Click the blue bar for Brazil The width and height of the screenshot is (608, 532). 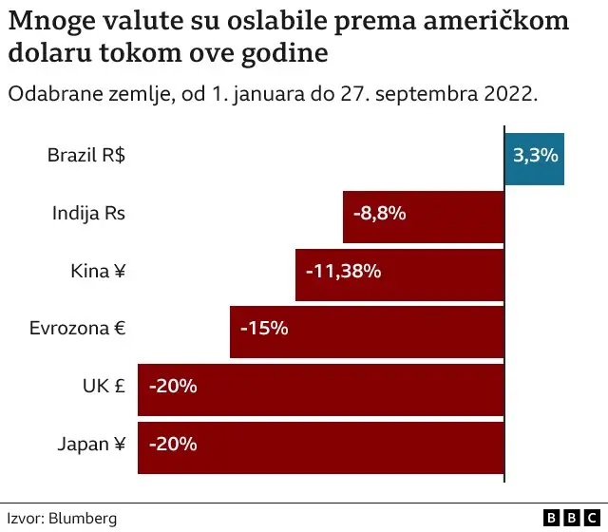(x=534, y=159)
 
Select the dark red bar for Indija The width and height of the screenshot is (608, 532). (x=456, y=216)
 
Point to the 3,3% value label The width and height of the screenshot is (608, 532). (x=535, y=156)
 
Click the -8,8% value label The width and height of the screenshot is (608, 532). (x=379, y=214)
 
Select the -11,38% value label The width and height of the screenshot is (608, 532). (x=343, y=272)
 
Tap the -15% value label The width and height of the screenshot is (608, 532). (x=263, y=329)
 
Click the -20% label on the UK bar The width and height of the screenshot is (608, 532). (x=172, y=386)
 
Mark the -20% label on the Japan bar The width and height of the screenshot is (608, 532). (x=172, y=443)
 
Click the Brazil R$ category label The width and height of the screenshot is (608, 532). (x=86, y=156)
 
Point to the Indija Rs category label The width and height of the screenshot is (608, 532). (x=88, y=214)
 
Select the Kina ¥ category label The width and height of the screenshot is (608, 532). (x=98, y=272)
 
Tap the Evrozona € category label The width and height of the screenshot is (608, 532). (x=78, y=329)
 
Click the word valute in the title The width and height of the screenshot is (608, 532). (x=144, y=20)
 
